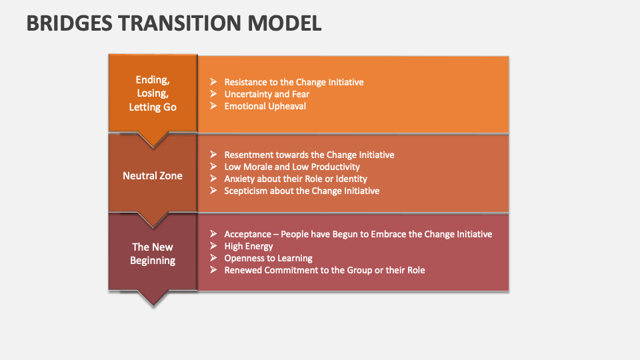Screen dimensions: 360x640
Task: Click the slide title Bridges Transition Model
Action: (174, 23)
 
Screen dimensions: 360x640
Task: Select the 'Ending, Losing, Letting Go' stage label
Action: (153, 93)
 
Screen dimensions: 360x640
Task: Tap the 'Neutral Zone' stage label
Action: (153, 176)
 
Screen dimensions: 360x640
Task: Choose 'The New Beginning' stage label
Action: (153, 253)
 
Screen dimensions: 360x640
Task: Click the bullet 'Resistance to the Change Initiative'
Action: (293, 82)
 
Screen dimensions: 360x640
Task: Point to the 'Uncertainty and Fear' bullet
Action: (267, 94)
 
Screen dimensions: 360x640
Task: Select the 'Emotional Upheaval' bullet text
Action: (265, 106)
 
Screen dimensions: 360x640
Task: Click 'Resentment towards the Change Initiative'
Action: (309, 155)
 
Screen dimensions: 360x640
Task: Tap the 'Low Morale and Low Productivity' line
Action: (291, 167)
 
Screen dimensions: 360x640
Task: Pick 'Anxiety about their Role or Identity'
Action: (295, 179)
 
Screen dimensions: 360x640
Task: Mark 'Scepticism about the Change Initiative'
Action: (301, 191)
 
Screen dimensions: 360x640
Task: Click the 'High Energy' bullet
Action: (249, 246)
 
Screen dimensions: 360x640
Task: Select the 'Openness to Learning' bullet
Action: (268, 258)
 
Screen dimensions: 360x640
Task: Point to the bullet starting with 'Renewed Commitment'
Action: (324, 270)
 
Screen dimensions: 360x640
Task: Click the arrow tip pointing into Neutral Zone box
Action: (153, 143)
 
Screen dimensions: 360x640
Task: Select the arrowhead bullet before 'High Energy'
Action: (213, 246)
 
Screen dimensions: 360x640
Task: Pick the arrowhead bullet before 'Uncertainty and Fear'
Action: (213, 94)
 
